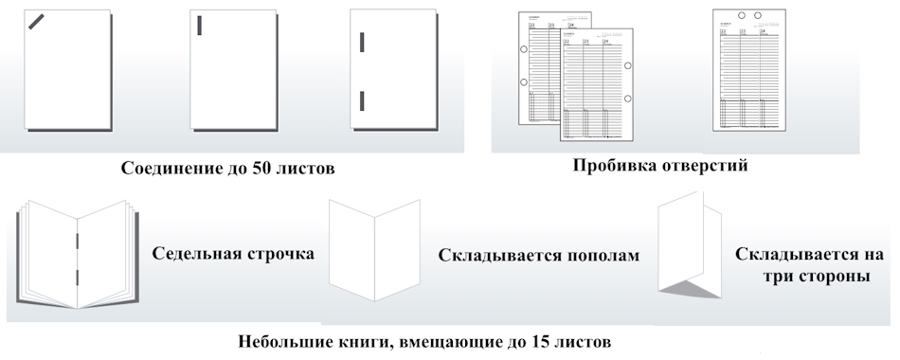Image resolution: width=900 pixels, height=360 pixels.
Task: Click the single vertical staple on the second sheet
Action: coord(199,26)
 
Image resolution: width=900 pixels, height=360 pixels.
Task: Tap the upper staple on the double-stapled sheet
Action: coord(361,43)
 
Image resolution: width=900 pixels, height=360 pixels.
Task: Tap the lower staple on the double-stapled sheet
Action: coord(361,100)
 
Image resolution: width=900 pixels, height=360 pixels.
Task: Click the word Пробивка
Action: coord(612,165)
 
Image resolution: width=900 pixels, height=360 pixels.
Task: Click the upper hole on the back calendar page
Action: coord(523,46)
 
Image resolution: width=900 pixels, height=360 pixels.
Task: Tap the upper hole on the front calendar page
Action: coord(627,65)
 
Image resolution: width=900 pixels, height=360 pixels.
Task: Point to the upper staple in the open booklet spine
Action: coord(76,241)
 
